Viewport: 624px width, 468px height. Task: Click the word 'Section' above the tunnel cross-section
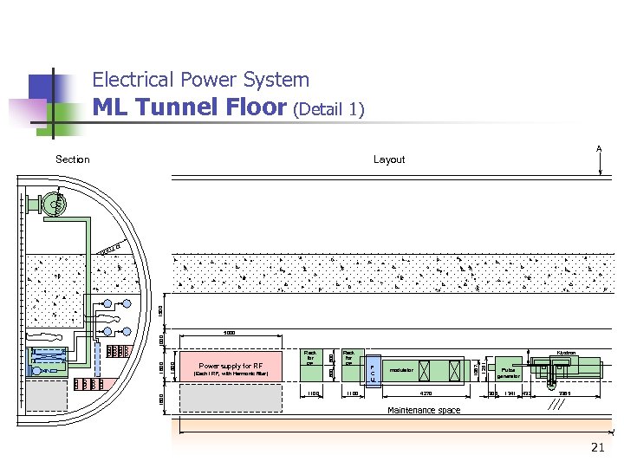(x=72, y=159)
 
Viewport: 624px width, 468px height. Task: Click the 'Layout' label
(x=389, y=159)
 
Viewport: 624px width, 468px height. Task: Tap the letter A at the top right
(x=599, y=149)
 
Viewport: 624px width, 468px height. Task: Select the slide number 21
(x=597, y=447)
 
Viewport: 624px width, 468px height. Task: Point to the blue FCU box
(x=372, y=374)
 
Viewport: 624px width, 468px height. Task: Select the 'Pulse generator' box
(x=509, y=372)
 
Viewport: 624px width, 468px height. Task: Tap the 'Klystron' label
(x=567, y=353)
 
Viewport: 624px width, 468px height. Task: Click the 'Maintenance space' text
(x=424, y=411)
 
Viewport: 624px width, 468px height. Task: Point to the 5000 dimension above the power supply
(x=229, y=333)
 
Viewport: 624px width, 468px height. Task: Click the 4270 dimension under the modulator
(x=426, y=393)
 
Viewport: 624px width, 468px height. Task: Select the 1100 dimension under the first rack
(x=313, y=393)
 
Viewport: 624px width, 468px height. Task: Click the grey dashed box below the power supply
(x=231, y=398)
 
